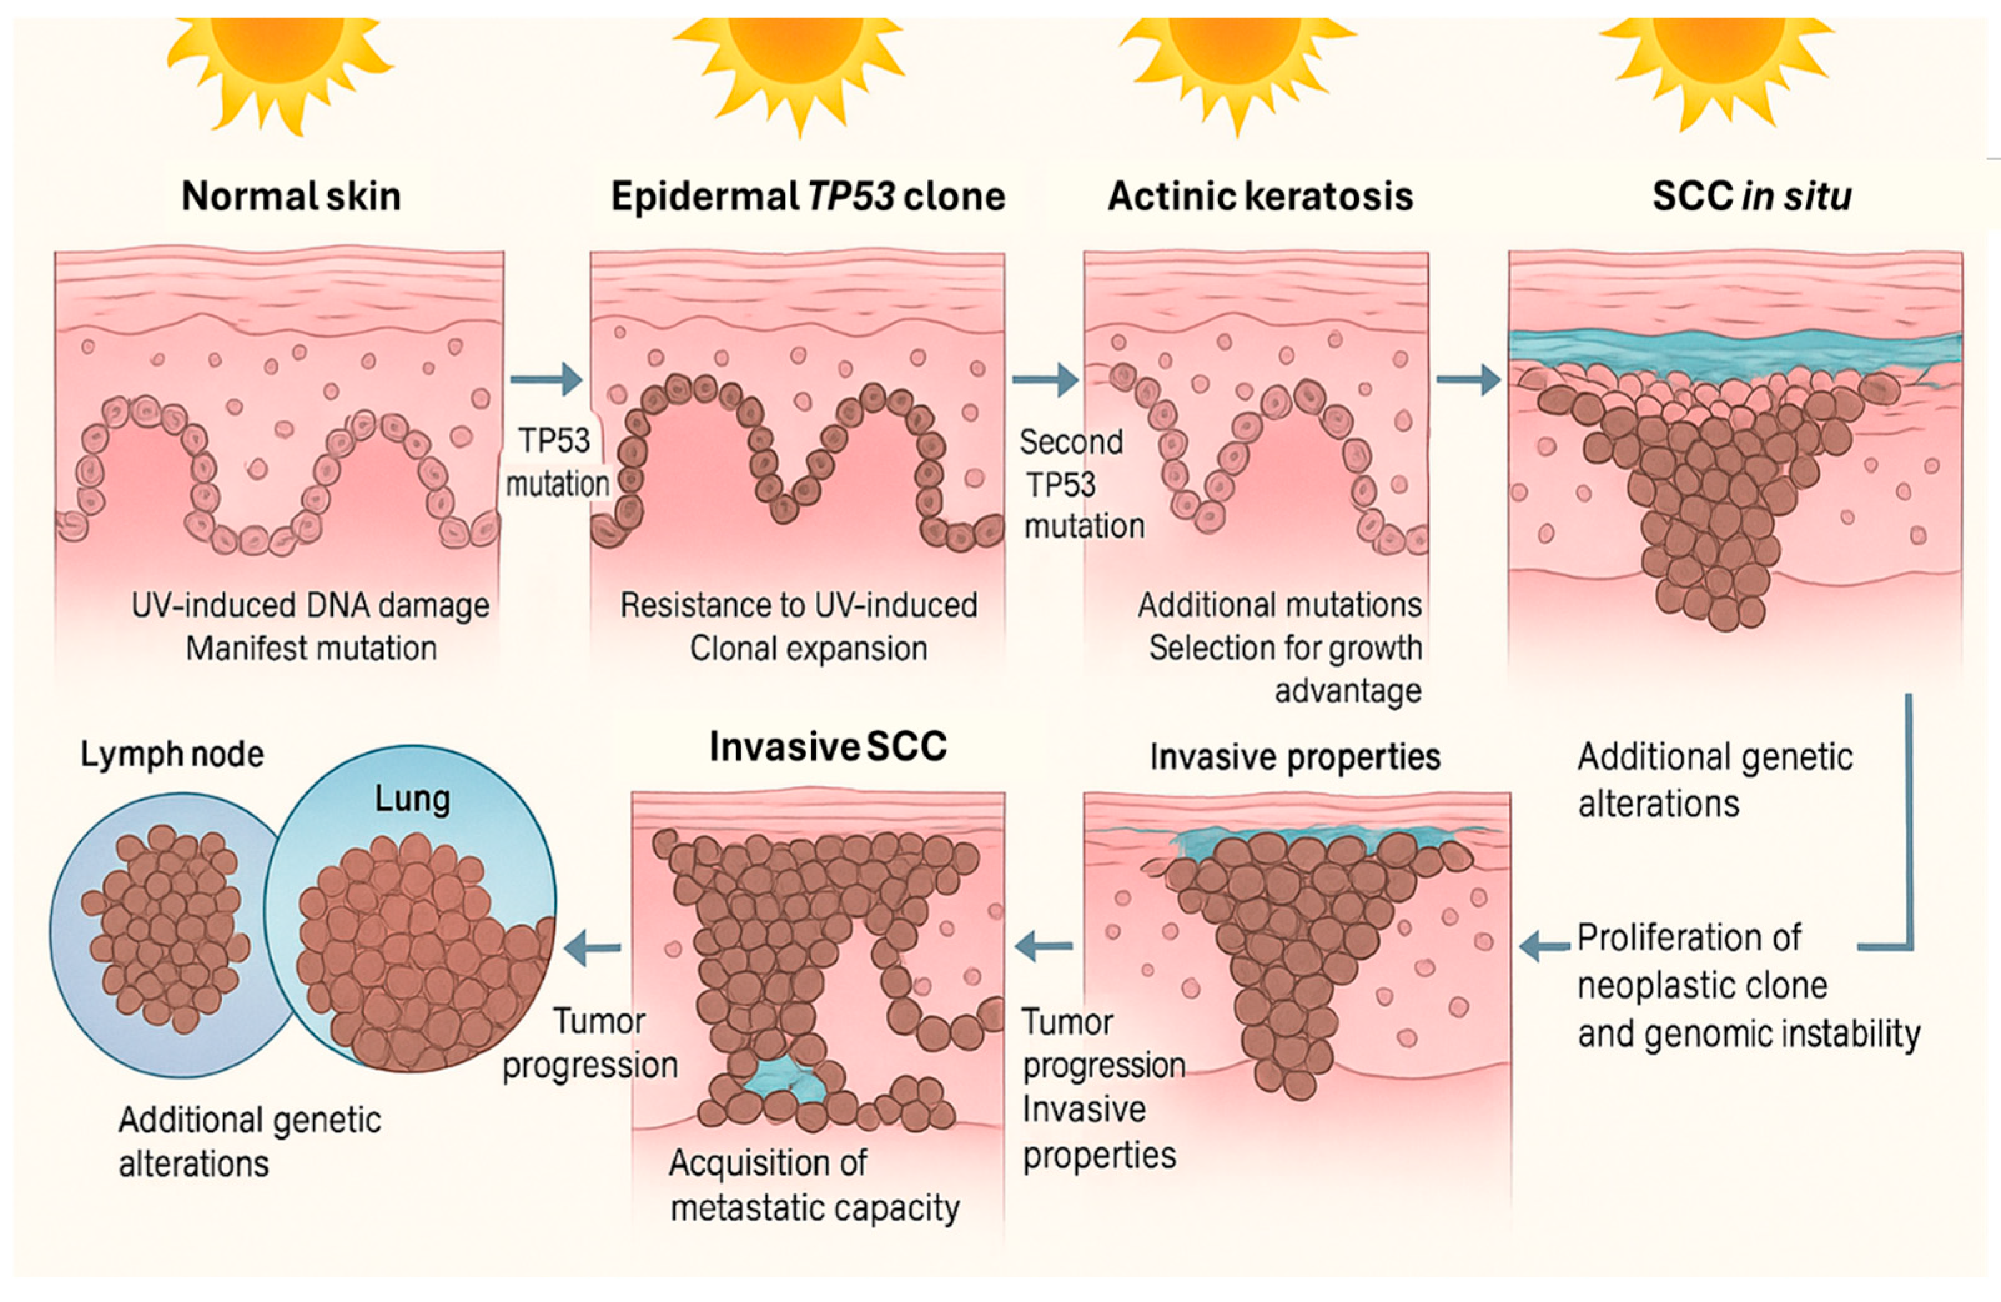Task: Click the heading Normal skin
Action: point(291,196)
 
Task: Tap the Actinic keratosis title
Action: point(1260,196)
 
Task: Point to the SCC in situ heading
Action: point(1752,196)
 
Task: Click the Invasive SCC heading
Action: point(828,746)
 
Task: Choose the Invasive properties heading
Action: point(1294,757)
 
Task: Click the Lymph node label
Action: point(172,754)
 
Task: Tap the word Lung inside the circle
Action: point(412,798)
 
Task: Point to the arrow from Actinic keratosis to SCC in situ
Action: point(1468,379)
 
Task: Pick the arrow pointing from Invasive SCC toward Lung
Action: point(593,948)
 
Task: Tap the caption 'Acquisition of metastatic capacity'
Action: point(815,1185)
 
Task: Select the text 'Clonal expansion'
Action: point(809,648)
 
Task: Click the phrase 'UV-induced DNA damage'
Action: point(310,606)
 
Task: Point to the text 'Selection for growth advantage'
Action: point(1286,669)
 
